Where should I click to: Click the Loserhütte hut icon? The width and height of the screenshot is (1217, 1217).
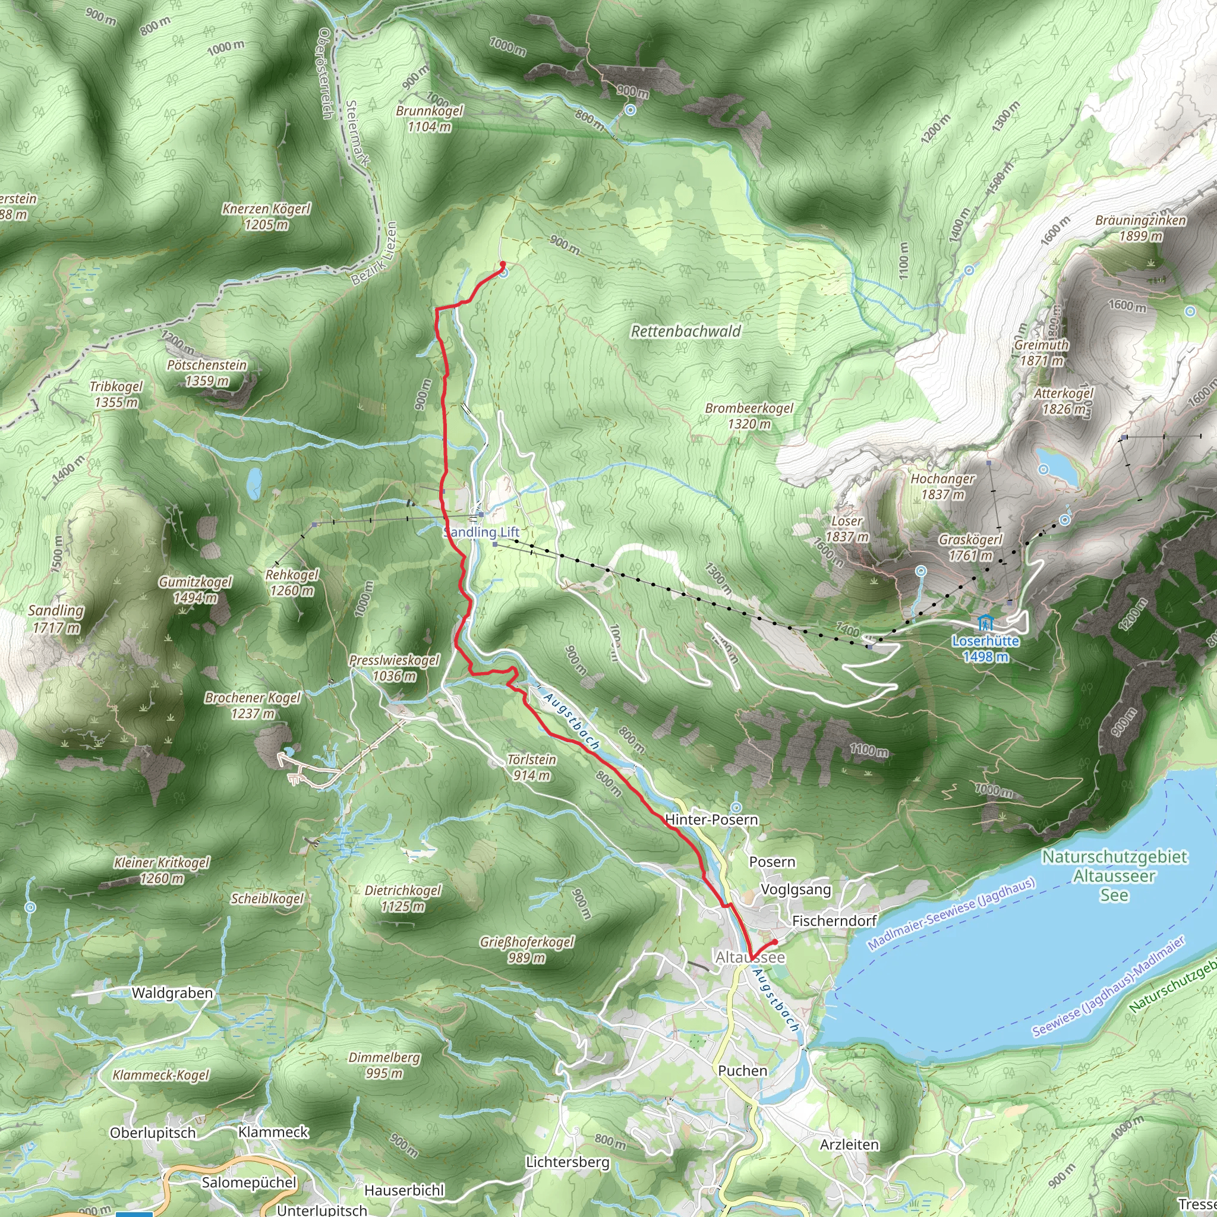985,623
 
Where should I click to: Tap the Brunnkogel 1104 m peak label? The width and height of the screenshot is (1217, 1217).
429,118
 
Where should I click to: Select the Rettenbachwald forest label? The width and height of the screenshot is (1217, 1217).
686,332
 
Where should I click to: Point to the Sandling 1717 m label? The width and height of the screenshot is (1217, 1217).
56,619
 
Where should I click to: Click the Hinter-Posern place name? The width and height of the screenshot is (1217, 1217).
711,819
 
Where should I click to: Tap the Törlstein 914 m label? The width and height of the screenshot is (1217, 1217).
532,767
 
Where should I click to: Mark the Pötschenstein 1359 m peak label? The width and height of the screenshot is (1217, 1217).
207,372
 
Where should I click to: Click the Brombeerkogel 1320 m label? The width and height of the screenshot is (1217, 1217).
749,416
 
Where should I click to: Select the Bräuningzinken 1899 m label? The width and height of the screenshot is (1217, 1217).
1140,228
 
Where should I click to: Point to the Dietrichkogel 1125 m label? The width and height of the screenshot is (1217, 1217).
402,898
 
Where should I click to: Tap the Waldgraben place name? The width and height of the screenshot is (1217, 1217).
172,994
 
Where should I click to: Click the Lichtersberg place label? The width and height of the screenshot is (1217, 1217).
567,1162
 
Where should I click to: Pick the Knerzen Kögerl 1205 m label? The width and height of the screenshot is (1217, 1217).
266,216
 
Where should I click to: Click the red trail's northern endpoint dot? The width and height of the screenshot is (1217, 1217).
503,264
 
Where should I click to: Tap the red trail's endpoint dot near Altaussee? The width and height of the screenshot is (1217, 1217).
775,942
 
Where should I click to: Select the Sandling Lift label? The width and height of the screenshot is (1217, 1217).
481,532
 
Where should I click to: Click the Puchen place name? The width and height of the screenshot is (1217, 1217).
743,1071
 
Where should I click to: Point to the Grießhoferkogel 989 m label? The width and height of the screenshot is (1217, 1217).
526,950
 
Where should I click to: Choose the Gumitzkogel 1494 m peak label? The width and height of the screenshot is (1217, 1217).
195,589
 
